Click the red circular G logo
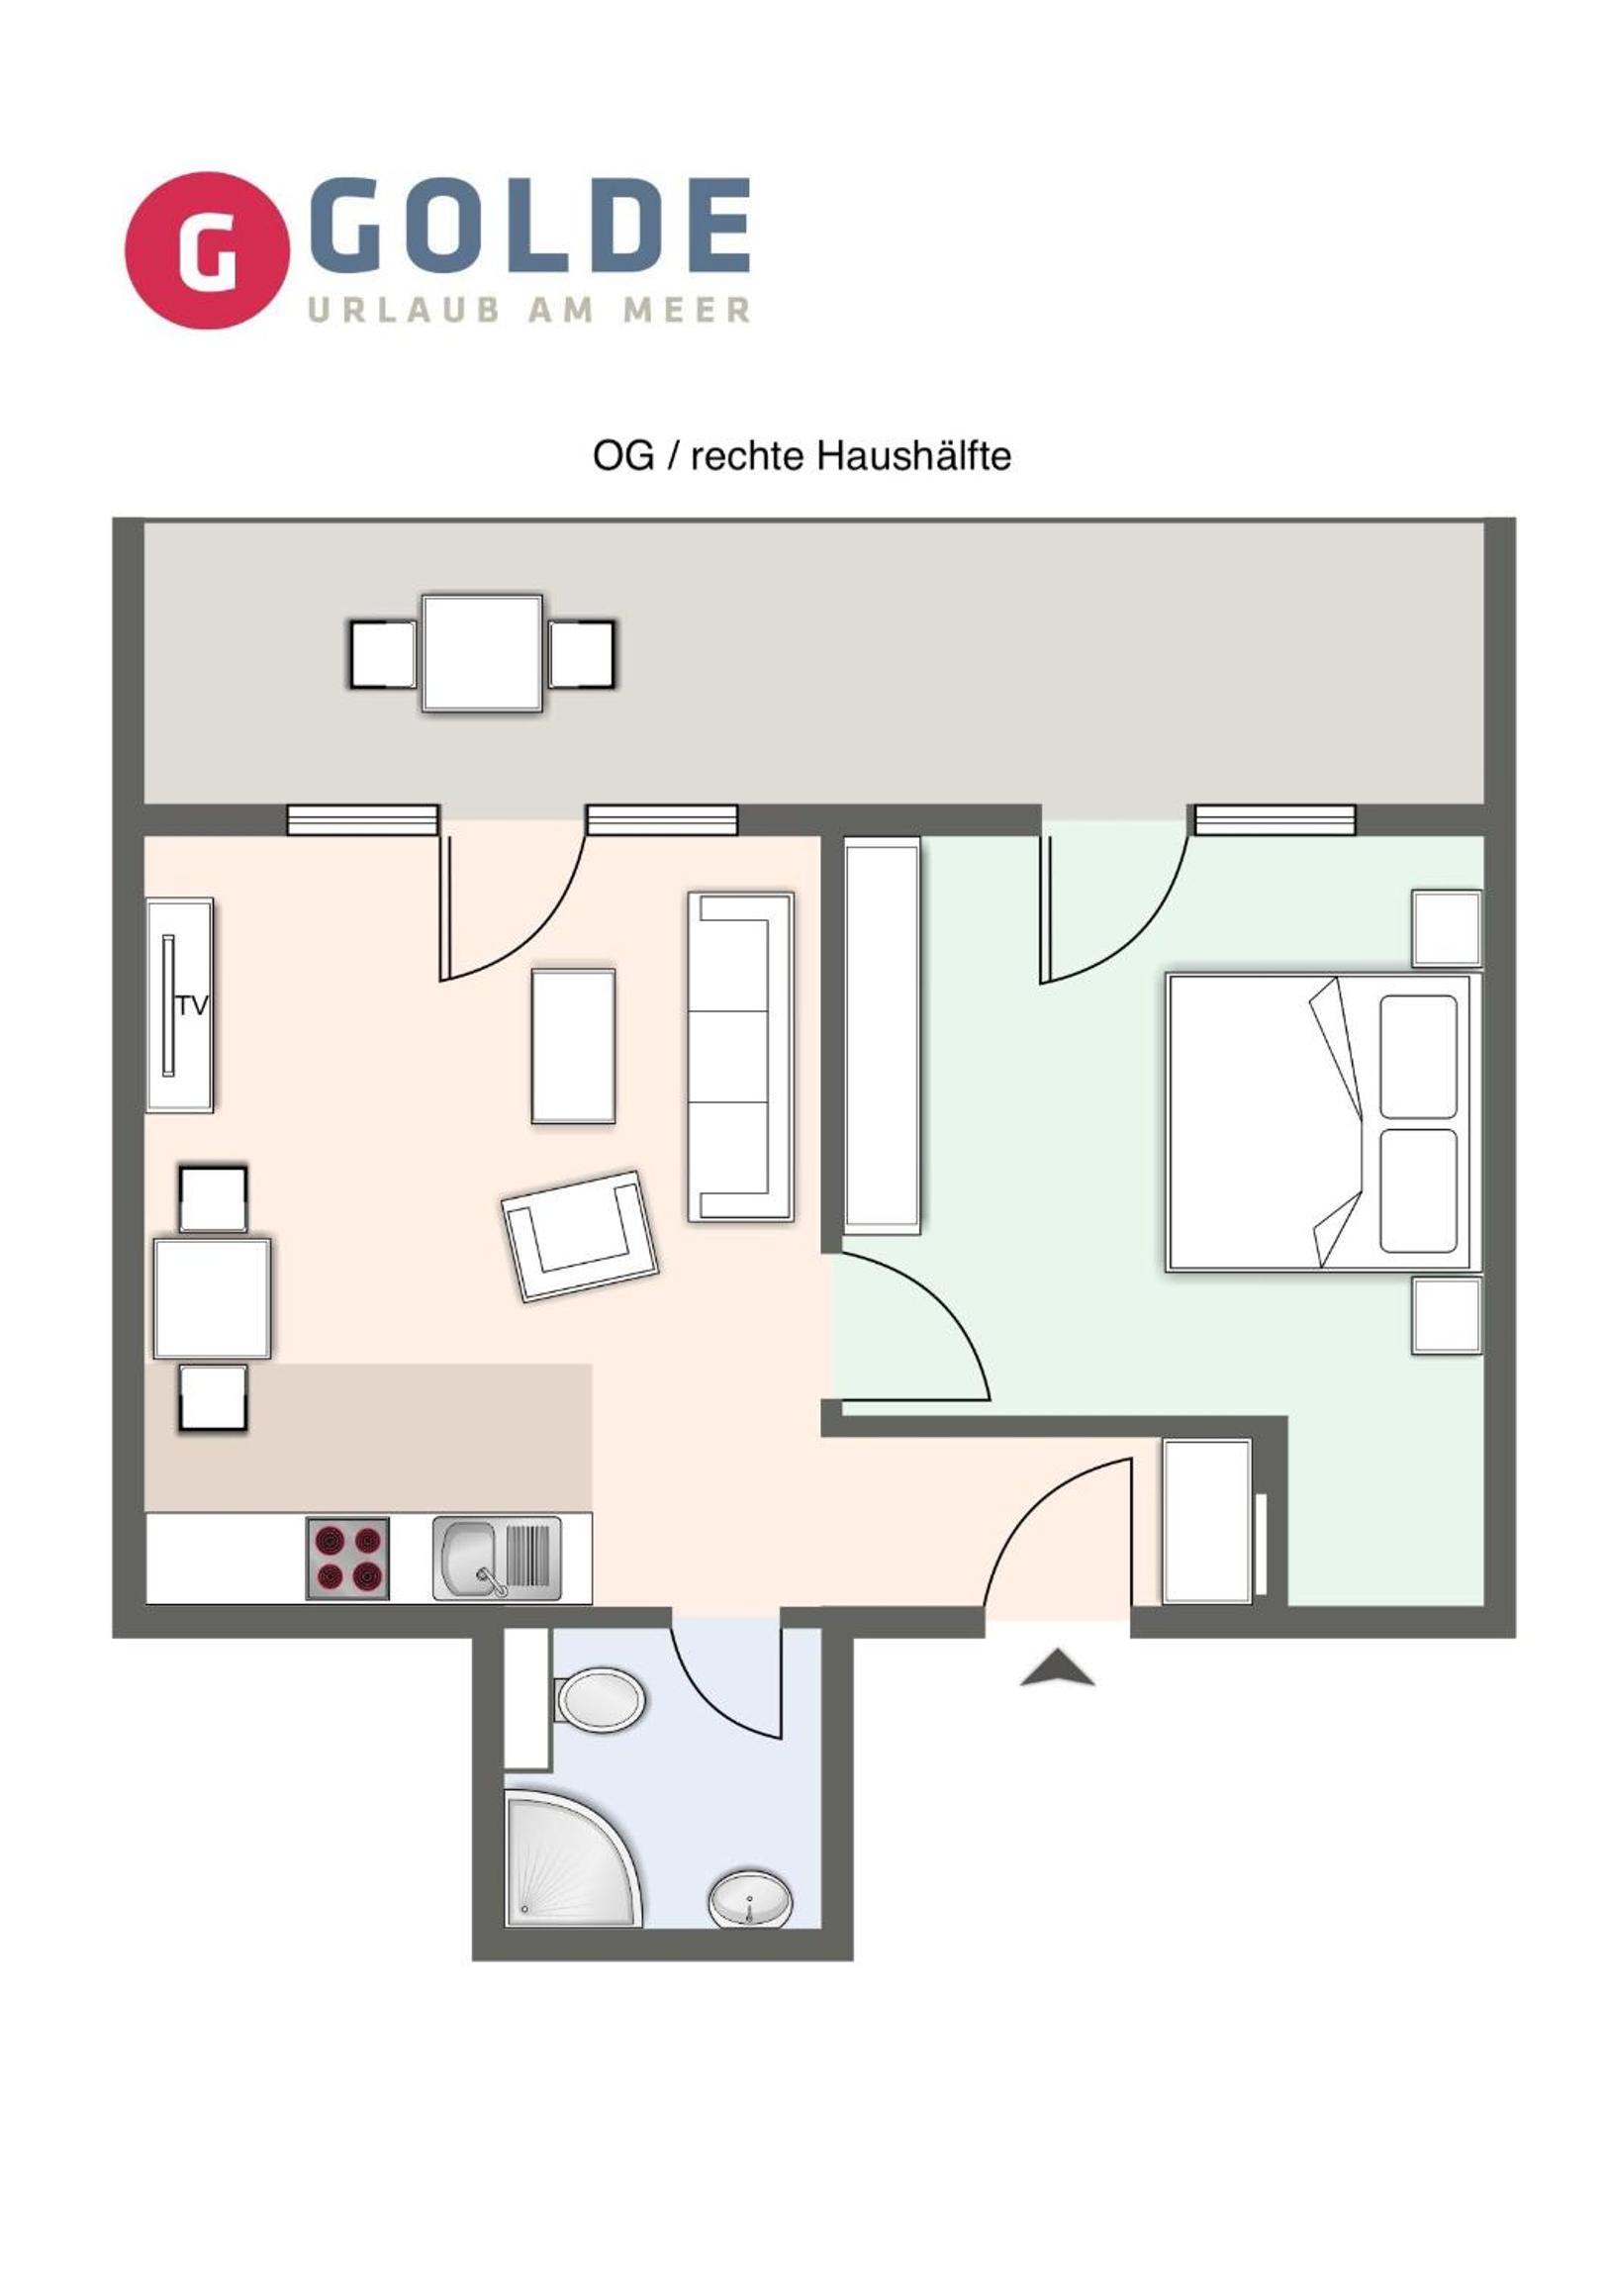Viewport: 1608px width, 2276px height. click(x=206, y=250)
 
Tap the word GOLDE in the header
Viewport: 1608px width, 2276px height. click(x=529, y=225)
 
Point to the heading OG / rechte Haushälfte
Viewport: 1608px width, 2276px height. click(x=802, y=456)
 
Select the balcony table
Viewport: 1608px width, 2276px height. click(x=482, y=652)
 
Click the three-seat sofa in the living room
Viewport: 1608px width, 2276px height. click(x=740, y=1056)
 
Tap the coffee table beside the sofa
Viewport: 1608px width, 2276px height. click(x=573, y=1046)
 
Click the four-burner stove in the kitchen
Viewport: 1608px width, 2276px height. click(x=347, y=1559)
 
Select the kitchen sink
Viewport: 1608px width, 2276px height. click(x=497, y=1559)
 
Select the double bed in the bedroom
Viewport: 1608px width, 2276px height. click(x=1323, y=1123)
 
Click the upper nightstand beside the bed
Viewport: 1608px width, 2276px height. click(x=1447, y=928)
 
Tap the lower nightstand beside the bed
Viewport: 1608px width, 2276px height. click(x=1447, y=1316)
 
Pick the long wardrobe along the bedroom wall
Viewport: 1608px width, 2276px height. click(x=882, y=1036)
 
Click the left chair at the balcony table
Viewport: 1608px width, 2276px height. click(x=383, y=653)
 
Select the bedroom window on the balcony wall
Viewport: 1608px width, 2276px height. click(x=1274, y=819)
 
